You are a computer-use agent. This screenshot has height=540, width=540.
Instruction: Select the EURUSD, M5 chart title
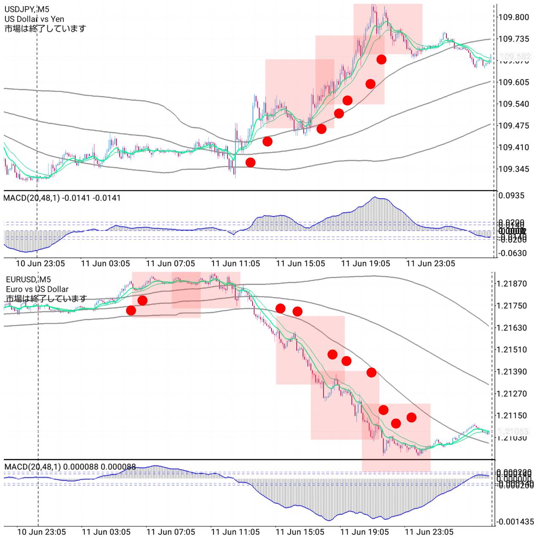[x=28, y=279]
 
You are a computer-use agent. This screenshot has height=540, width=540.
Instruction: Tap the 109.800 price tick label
[x=513, y=17]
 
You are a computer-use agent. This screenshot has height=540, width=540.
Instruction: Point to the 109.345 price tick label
[x=513, y=169]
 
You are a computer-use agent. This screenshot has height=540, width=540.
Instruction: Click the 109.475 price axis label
[x=513, y=126]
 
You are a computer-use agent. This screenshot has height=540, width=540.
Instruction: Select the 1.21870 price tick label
[x=512, y=284]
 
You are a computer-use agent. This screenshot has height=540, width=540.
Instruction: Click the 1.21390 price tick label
[x=512, y=372]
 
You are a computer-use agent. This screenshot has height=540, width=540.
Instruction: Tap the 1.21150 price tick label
[x=512, y=416]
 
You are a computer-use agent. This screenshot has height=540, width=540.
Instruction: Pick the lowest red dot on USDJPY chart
[x=251, y=162]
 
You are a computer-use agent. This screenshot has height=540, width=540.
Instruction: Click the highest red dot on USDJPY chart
[x=381, y=59]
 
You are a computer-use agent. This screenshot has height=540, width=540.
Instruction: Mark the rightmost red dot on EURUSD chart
[x=411, y=418]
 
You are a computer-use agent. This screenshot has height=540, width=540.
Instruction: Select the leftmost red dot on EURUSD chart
[x=131, y=310]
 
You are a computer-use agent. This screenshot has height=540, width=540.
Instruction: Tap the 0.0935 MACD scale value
[x=511, y=196]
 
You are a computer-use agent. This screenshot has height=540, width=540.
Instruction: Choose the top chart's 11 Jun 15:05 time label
[x=300, y=264]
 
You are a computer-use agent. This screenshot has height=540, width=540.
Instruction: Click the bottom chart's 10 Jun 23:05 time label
[x=41, y=532]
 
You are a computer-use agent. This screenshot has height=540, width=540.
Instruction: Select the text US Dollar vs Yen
[x=34, y=19]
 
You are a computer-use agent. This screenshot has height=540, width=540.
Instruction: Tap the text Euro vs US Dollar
[x=37, y=289]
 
